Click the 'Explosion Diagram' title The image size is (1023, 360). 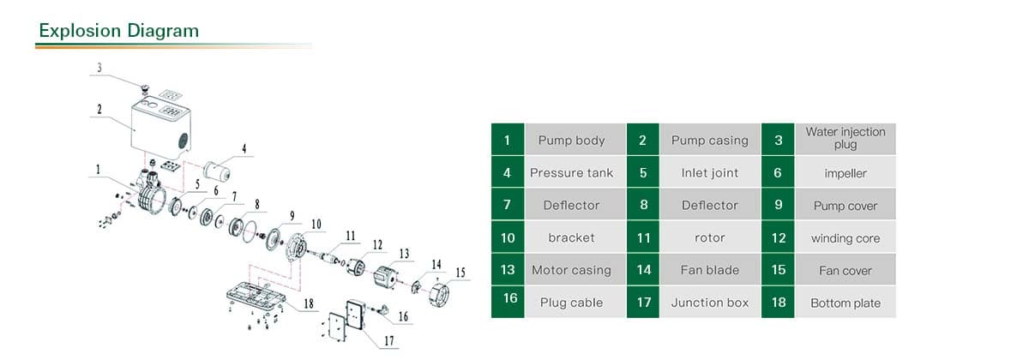pos(118,31)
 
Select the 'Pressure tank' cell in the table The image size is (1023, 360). pos(571,173)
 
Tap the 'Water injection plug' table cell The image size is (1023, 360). pos(845,139)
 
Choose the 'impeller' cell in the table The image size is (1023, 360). pos(845,173)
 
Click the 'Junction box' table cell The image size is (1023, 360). pos(709,303)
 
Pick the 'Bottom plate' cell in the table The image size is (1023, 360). pos(845,303)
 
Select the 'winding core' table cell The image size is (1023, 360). pos(845,238)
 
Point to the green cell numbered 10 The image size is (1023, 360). pos(507,237)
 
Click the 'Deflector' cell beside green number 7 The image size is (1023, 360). pos(571,206)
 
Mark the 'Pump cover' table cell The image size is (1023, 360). pos(845,206)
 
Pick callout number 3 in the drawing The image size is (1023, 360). pos(99,67)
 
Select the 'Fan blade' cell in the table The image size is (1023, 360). pos(709,270)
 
